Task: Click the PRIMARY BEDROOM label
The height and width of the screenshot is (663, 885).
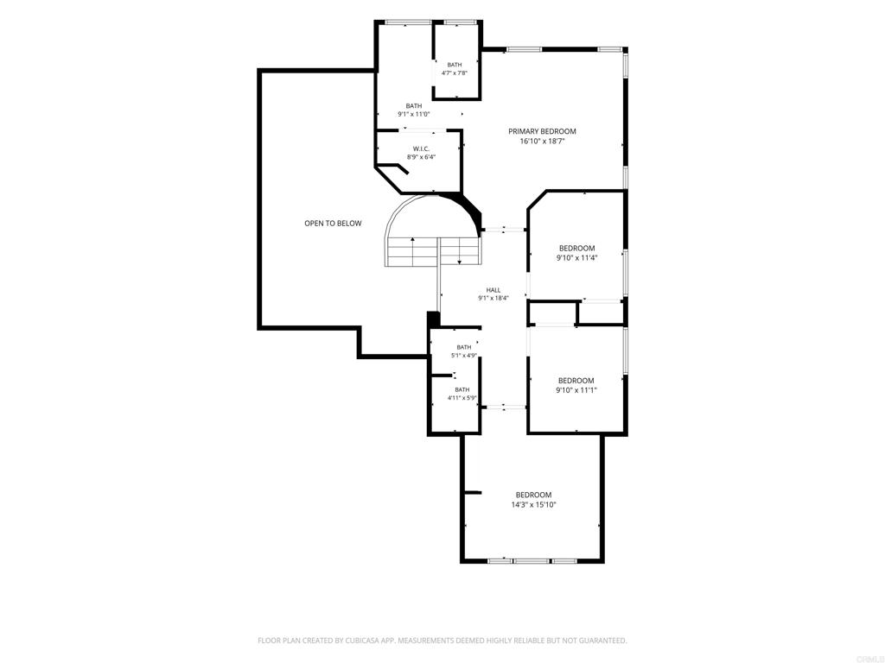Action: point(542,131)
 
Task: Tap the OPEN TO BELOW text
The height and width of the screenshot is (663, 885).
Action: point(333,224)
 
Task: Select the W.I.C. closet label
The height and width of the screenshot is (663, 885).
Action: point(421,148)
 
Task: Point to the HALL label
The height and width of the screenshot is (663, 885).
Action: point(493,290)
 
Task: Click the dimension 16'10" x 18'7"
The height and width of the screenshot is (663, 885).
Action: point(542,142)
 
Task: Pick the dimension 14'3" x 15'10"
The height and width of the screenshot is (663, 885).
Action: point(533,505)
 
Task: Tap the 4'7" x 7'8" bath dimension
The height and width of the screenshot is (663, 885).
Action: point(455,73)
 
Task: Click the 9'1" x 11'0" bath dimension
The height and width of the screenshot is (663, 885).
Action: point(414,114)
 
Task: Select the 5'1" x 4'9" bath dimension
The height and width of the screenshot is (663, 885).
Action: point(464,355)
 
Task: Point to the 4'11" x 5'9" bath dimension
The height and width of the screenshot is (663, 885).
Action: point(462,397)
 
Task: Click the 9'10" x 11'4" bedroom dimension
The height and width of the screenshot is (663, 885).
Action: point(576,257)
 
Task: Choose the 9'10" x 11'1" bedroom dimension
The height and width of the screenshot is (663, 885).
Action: point(576,390)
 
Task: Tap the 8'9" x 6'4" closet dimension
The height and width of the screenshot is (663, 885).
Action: point(421,157)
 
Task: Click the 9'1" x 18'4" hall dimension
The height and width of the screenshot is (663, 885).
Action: point(493,298)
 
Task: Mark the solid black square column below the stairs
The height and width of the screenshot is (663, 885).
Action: point(434,319)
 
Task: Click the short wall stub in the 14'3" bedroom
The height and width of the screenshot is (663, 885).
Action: point(472,493)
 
